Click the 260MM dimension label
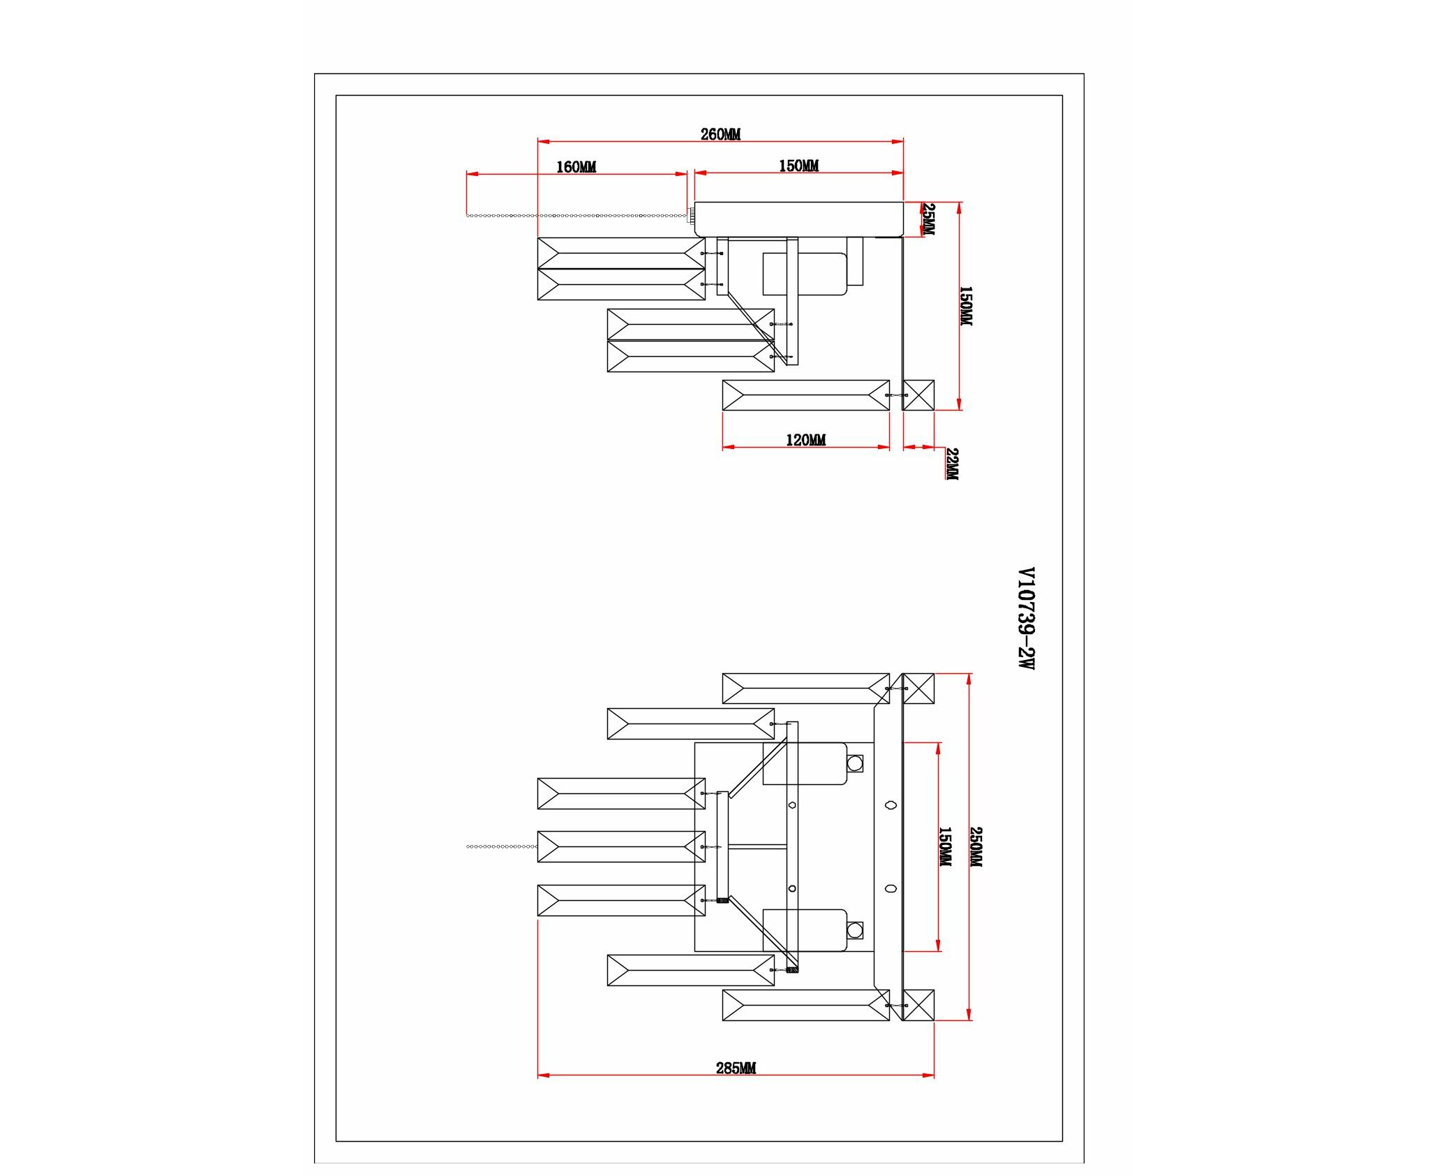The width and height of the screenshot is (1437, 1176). tap(720, 134)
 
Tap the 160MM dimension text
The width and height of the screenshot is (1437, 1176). tap(576, 167)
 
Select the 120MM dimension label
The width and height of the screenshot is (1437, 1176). tap(805, 440)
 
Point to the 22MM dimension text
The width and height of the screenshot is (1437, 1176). tap(952, 464)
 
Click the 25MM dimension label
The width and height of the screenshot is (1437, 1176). tap(928, 219)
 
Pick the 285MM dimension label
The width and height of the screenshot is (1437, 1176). tap(736, 1068)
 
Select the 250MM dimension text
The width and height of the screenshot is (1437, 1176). tap(976, 847)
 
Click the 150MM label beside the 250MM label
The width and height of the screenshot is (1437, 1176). tap(944, 847)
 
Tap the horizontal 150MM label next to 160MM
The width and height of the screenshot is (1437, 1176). tap(798, 166)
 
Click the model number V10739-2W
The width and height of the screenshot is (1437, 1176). tap(1025, 619)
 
